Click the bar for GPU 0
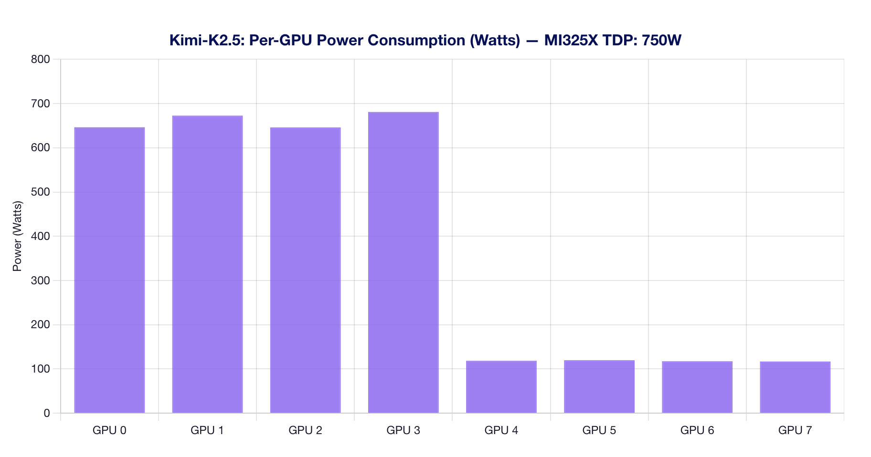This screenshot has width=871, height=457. [x=109, y=270]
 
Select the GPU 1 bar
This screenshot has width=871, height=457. [x=207, y=264]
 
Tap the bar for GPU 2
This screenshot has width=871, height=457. [x=305, y=270]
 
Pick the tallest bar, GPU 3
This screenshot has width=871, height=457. [x=403, y=262]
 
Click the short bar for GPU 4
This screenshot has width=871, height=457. [x=501, y=387]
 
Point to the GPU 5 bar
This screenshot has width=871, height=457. [x=599, y=386]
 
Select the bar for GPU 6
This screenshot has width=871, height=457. [x=697, y=387]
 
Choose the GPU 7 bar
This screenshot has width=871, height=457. [x=795, y=387]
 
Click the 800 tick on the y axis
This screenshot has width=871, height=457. [x=41, y=60]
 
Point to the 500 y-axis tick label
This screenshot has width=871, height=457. [x=41, y=192]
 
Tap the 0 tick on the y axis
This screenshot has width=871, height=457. [x=46, y=413]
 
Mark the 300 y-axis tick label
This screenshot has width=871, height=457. [x=41, y=280]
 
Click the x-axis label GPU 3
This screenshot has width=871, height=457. [x=403, y=431]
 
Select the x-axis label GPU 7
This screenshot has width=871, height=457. [x=795, y=431]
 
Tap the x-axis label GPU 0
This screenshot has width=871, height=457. [x=109, y=431]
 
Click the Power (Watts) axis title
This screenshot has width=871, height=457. [x=18, y=236]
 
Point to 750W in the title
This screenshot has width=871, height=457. [x=661, y=41]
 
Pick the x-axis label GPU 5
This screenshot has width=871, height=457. [x=599, y=431]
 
